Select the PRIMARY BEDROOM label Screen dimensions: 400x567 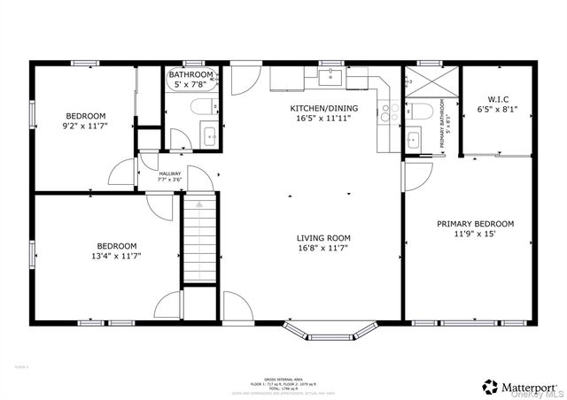click(x=475, y=224)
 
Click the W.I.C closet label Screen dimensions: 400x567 click(x=497, y=99)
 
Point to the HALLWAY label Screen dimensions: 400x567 click(x=170, y=173)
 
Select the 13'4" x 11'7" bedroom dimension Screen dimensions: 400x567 click(x=117, y=256)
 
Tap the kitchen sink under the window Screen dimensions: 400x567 click(x=331, y=78)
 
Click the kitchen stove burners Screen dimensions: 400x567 click(x=386, y=112)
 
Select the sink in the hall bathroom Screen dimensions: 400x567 click(x=210, y=136)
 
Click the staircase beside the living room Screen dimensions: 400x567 click(x=200, y=240)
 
